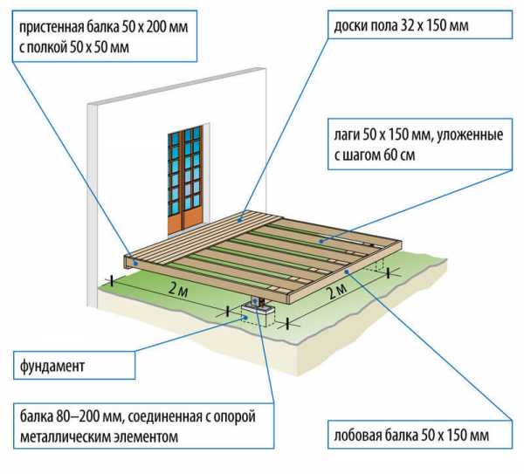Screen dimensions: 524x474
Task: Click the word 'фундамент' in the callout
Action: tap(52, 366)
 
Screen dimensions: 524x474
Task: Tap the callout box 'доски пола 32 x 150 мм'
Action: tap(420, 24)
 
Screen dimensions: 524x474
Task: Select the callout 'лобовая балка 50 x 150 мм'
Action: tap(420, 435)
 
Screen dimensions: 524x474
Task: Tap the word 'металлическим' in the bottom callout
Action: tap(65, 436)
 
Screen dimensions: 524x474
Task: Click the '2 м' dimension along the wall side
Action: tap(178, 290)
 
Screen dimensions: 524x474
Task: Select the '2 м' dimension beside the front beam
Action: tap(337, 292)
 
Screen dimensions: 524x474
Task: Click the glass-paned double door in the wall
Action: tap(185, 179)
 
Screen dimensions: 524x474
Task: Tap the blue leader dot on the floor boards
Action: tap(239, 220)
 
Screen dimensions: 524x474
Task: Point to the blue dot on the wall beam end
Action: tap(135, 263)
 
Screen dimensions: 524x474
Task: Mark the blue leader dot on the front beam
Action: tap(347, 271)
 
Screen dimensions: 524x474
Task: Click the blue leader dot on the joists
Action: tap(321, 241)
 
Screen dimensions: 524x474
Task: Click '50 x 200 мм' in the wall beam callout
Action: tap(155, 27)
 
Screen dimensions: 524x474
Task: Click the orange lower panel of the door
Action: tap(185, 219)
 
